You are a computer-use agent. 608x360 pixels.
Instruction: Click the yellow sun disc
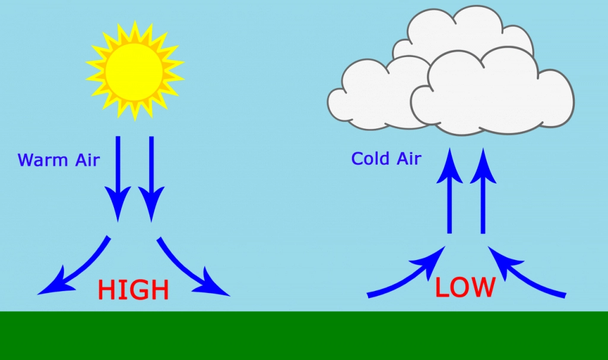(x=134, y=72)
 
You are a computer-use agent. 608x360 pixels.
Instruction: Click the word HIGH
(x=134, y=290)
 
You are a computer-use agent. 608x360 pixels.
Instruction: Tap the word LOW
(x=465, y=287)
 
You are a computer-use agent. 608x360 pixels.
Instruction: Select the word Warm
(x=43, y=160)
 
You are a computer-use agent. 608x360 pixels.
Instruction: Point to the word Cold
(x=370, y=158)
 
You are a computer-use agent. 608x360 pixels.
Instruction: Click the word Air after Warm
(x=88, y=160)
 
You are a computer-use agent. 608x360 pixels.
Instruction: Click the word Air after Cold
(x=409, y=158)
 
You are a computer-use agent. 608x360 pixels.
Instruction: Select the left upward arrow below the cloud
(x=449, y=191)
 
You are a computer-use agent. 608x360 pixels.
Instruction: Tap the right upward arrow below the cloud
(x=483, y=191)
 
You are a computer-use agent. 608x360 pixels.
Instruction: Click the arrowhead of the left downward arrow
(x=118, y=204)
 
